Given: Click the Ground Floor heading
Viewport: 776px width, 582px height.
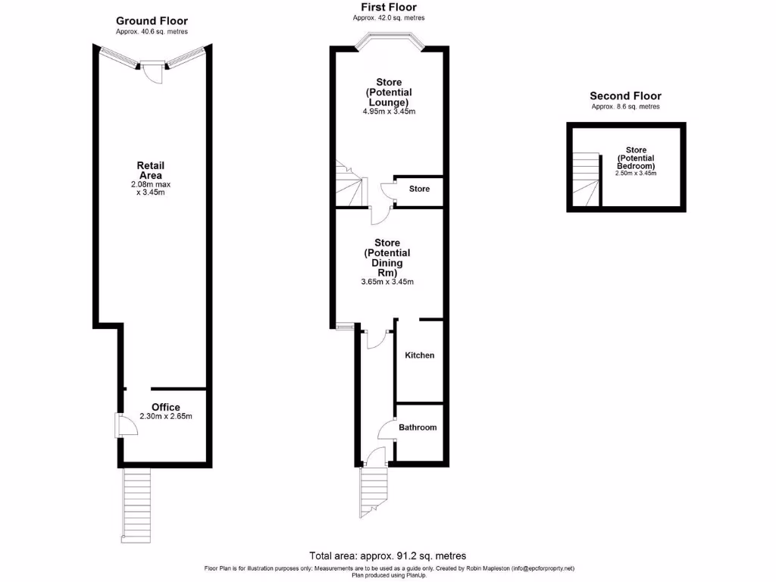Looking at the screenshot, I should tap(152, 20).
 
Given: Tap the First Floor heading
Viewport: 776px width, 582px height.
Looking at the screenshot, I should tap(388, 7).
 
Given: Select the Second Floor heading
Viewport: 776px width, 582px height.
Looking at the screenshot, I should tap(625, 96).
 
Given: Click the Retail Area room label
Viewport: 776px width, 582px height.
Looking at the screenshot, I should tap(150, 171).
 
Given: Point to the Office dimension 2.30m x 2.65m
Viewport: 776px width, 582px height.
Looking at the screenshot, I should tap(166, 416).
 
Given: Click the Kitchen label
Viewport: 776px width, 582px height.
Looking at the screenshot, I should tap(419, 355).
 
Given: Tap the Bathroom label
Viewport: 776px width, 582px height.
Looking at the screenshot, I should tap(418, 427).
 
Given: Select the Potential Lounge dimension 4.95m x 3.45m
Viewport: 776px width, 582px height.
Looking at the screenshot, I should tap(389, 111).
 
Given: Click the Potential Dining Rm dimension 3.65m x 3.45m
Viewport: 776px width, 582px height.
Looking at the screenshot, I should tap(387, 282).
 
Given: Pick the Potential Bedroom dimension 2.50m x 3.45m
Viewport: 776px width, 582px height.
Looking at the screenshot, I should tap(636, 174).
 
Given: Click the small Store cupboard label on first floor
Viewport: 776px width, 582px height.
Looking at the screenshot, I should tap(419, 189).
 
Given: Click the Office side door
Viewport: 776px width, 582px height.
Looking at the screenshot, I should tap(125, 424).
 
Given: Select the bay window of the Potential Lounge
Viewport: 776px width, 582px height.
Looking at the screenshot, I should tap(388, 41).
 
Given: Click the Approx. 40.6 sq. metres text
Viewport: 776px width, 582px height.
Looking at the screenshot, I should tap(152, 32).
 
